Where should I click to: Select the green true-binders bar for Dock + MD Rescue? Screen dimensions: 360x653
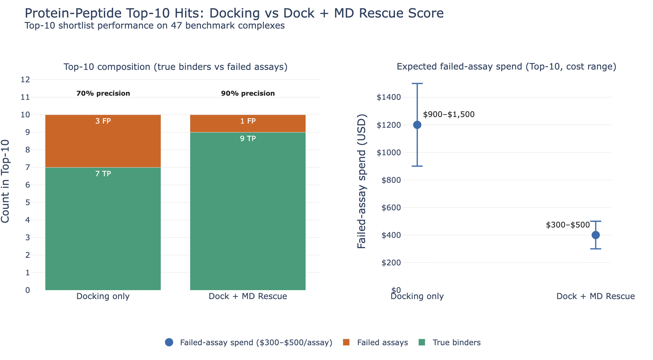click(x=248, y=213)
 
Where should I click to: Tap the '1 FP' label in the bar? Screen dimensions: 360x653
click(x=248, y=121)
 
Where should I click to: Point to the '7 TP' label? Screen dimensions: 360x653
click(x=103, y=174)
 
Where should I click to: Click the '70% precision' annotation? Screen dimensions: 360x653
click(x=103, y=93)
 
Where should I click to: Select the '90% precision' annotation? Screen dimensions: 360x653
click(x=248, y=93)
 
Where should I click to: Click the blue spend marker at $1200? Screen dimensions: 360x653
click(x=417, y=125)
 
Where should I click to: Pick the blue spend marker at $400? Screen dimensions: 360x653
click(x=596, y=235)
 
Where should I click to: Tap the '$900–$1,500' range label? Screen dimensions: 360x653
click(x=449, y=115)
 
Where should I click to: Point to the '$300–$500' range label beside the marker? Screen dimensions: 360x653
click(x=568, y=225)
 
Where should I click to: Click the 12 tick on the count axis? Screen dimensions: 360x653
click(x=25, y=80)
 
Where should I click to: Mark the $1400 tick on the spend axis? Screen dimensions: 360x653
click(x=389, y=97)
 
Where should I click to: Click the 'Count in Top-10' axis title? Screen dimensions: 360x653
click(x=6, y=181)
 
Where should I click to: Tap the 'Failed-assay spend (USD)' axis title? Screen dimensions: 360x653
click(x=362, y=181)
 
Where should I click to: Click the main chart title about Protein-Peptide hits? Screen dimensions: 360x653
click(x=234, y=13)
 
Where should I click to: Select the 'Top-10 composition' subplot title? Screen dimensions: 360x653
click(x=175, y=67)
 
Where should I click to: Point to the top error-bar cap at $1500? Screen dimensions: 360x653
click(x=417, y=84)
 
